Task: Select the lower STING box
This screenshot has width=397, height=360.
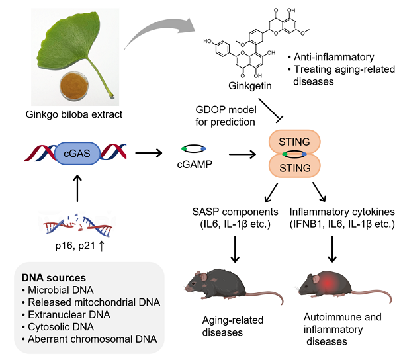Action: point(295,167)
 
